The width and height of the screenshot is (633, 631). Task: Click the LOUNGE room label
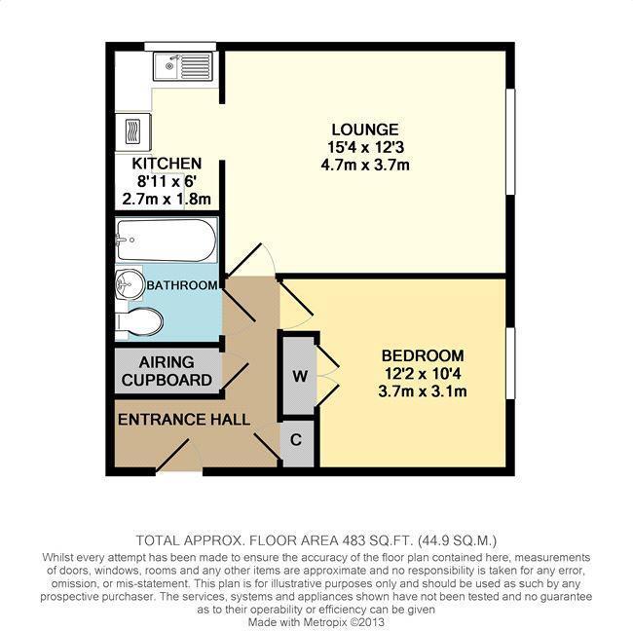click(x=364, y=130)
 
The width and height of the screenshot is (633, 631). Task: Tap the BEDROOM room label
click(x=422, y=356)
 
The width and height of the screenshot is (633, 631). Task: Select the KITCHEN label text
click(x=167, y=164)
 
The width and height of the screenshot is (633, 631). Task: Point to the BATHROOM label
click(x=181, y=285)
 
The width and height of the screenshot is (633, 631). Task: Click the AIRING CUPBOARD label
click(x=168, y=371)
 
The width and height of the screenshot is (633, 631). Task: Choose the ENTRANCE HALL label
click(x=183, y=419)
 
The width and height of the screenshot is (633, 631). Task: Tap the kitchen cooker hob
click(x=131, y=129)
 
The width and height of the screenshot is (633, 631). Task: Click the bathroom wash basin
click(x=129, y=285)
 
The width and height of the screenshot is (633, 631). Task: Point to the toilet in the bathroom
click(x=138, y=320)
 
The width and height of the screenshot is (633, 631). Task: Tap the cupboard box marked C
click(x=297, y=439)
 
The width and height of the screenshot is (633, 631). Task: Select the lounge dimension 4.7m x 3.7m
click(x=364, y=165)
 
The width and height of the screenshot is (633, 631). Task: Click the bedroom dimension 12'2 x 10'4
click(x=422, y=374)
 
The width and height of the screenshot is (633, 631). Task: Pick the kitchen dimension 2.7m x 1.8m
click(x=167, y=199)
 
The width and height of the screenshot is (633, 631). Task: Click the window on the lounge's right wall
click(x=509, y=141)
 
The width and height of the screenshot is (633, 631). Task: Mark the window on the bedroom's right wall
click(x=509, y=362)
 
